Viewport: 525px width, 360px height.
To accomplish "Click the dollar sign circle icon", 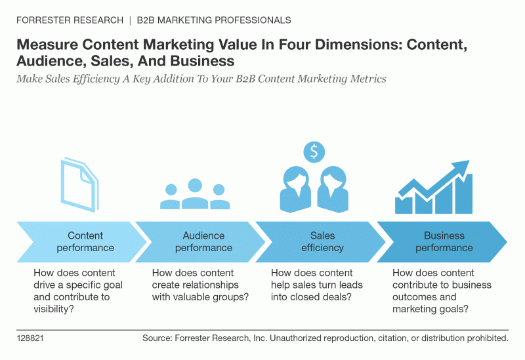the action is click(x=314, y=152).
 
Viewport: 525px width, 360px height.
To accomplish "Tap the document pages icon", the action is click(x=79, y=185).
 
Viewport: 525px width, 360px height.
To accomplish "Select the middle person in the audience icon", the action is click(x=195, y=193).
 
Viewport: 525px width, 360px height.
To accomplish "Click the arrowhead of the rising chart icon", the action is click(x=461, y=167).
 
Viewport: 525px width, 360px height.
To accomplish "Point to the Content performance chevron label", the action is click(x=85, y=241).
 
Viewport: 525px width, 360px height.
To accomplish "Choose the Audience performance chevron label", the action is click(x=203, y=241).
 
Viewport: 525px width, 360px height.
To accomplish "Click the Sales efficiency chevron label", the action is click(x=322, y=241).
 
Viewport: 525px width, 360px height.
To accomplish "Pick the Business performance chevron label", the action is click(x=444, y=241).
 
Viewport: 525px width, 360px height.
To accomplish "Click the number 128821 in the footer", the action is click(x=30, y=338).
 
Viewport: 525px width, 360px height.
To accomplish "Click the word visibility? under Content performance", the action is click(x=54, y=309).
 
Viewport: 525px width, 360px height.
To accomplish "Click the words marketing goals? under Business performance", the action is click(x=430, y=309).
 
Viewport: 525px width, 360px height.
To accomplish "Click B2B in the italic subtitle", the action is click(x=245, y=79).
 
